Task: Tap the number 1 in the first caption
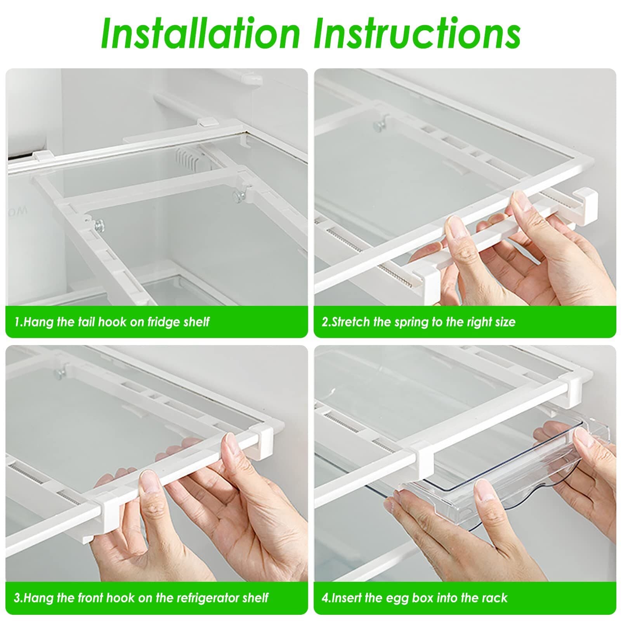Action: (x=17, y=322)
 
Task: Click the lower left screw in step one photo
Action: (x=100, y=225)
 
